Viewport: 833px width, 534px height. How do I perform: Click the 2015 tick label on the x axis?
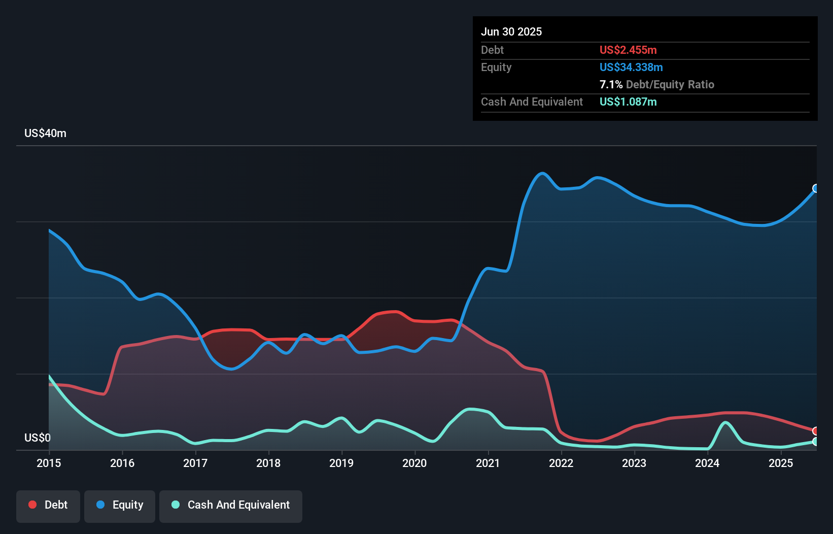[49, 463]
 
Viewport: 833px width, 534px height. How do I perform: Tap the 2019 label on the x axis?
[341, 463]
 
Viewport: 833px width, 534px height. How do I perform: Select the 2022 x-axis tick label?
[561, 463]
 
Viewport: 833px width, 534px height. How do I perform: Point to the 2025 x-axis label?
[781, 463]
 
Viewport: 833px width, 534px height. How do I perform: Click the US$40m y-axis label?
[45, 133]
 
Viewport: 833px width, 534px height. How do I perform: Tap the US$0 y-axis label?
[38, 438]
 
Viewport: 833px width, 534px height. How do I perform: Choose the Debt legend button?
[48, 505]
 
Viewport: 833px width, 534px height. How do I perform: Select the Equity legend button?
[120, 505]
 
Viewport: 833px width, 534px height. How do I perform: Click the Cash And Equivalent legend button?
[231, 505]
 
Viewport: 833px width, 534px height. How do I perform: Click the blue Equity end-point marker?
[816, 188]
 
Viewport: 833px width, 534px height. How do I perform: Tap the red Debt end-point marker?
[816, 431]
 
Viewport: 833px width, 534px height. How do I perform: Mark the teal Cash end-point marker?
[816, 442]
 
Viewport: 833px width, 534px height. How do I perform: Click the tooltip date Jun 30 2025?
[511, 31]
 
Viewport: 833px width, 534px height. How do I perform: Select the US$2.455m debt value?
[628, 50]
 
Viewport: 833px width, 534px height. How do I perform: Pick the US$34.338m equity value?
[631, 67]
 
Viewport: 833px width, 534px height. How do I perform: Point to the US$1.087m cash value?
[628, 102]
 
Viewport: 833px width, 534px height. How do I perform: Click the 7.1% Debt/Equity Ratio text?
[656, 84]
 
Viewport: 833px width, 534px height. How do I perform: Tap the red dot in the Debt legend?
[32, 505]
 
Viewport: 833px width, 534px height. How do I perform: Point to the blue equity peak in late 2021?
[542, 174]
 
